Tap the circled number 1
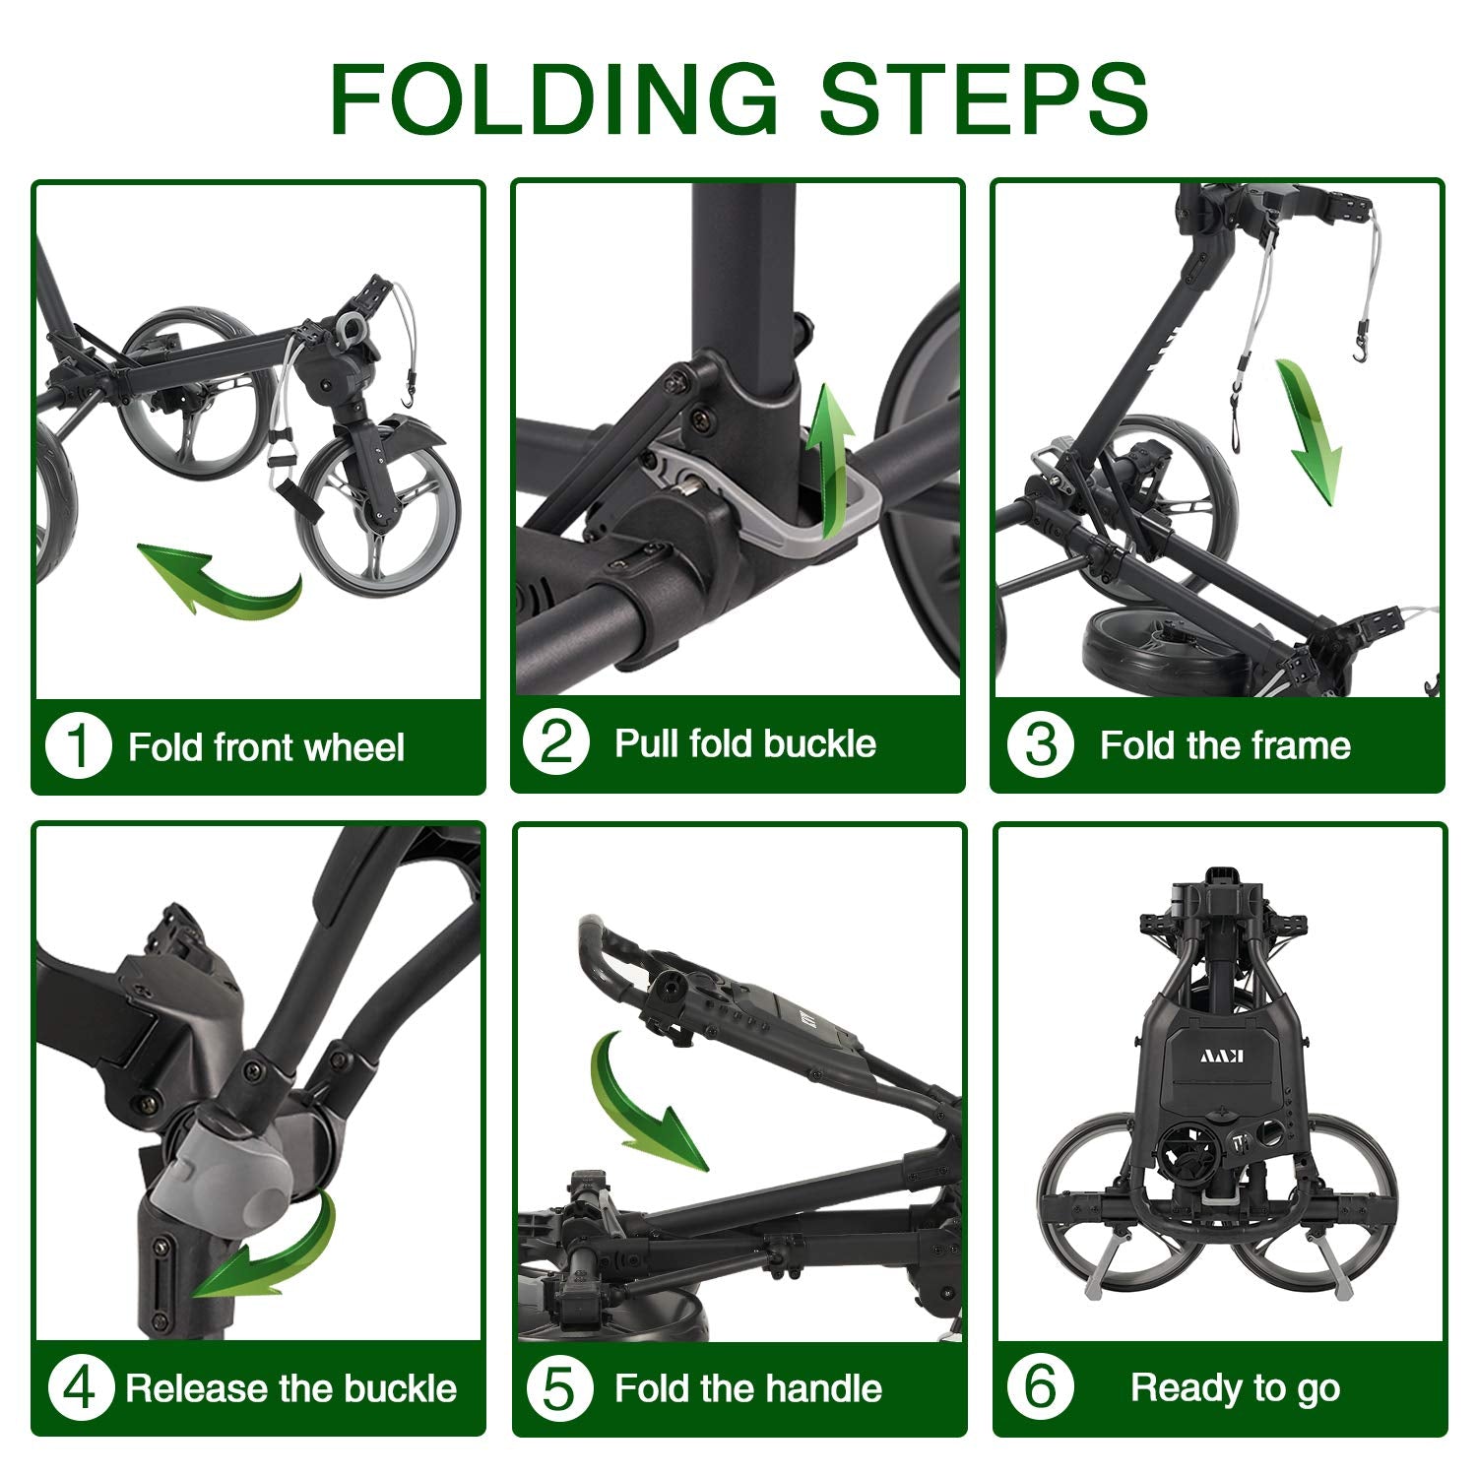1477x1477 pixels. click(78, 746)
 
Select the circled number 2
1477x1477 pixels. click(556, 742)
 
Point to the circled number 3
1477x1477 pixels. click(1040, 744)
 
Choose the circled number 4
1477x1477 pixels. click(80, 1388)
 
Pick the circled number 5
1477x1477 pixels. click(559, 1388)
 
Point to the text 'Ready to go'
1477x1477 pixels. click(1235, 1388)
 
